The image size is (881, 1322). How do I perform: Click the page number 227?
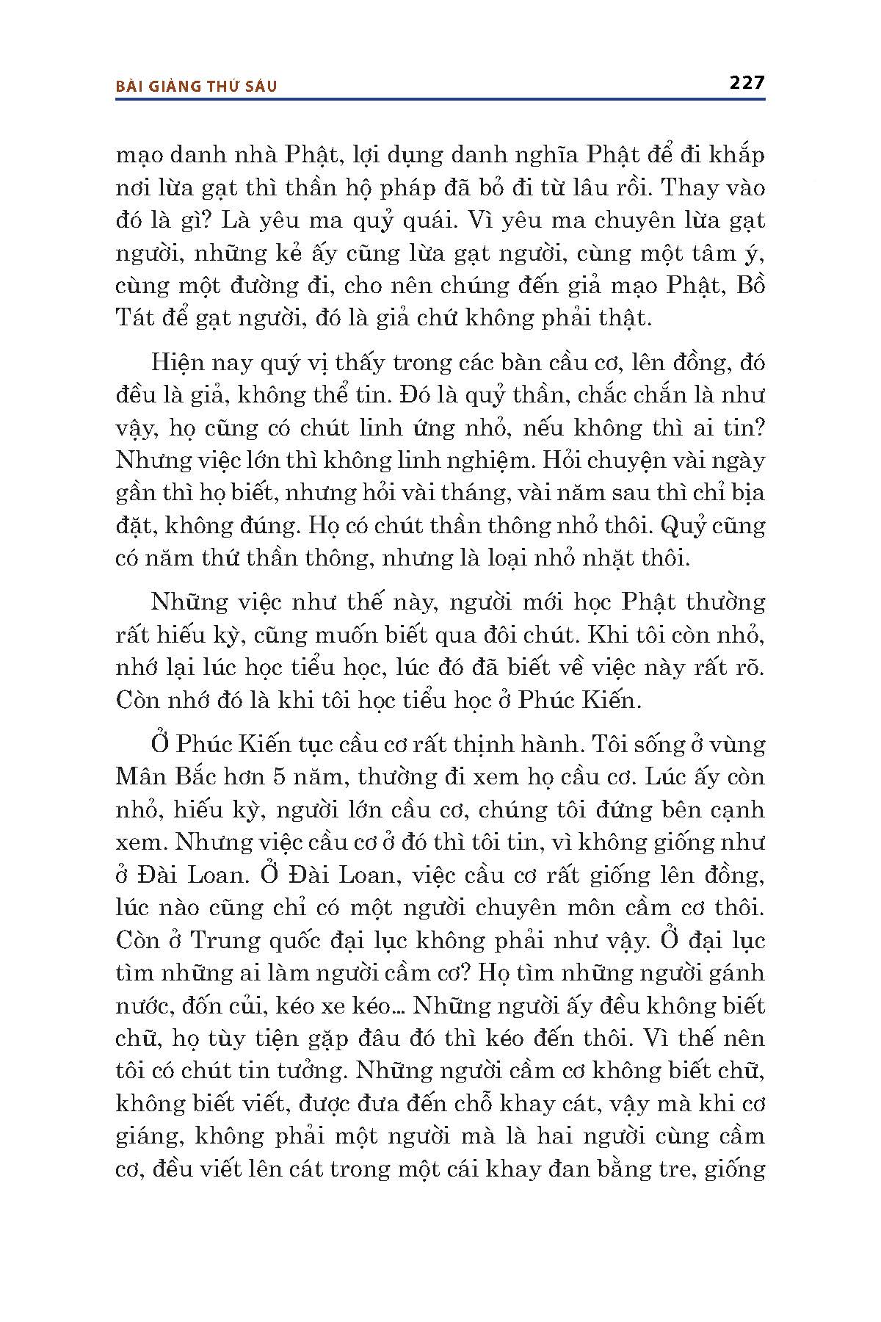click(x=747, y=82)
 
